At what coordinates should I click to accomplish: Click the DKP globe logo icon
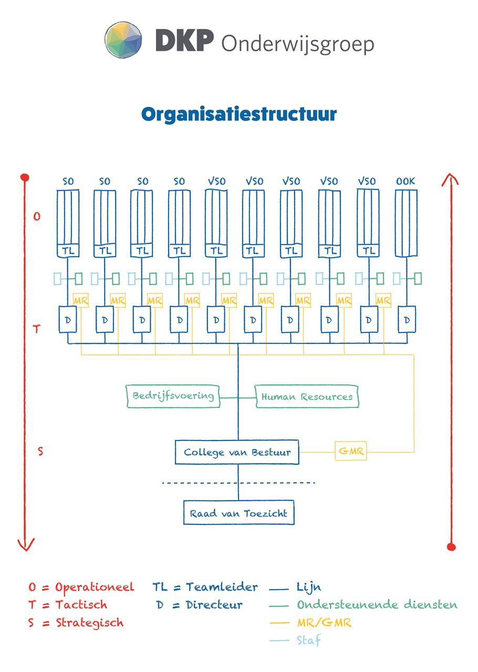click(123, 40)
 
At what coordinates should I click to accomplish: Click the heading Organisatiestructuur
click(239, 115)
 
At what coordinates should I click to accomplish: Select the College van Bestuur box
click(237, 452)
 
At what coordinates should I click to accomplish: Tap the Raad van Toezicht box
click(238, 513)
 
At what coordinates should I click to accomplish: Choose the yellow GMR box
click(351, 451)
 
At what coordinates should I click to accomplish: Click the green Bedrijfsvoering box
click(173, 396)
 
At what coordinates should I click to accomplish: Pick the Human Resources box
click(307, 396)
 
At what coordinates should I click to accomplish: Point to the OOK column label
click(406, 181)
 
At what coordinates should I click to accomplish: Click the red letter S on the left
click(40, 451)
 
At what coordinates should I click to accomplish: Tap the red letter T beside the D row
click(36, 329)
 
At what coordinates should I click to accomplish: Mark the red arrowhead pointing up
click(450, 180)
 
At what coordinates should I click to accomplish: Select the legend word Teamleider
click(222, 587)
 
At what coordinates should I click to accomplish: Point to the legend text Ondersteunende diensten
click(377, 604)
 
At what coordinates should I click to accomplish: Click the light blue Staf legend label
click(308, 640)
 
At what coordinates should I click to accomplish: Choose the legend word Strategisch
click(89, 623)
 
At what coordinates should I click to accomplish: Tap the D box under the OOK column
click(407, 319)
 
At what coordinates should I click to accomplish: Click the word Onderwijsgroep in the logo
click(298, 45)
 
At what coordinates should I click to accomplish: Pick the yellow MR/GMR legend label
click(324, 623)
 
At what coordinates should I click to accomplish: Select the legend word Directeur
click(214, 605)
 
